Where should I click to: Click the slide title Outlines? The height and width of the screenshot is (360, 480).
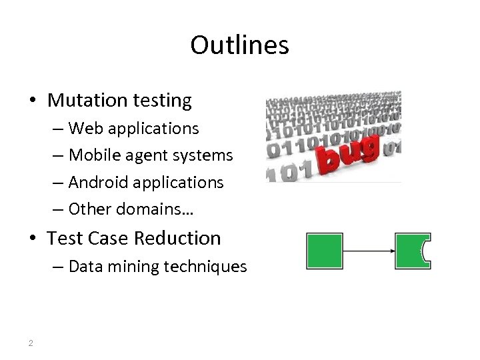tap(239, 45)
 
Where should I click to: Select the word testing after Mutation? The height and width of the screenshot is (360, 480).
tap(161, 101)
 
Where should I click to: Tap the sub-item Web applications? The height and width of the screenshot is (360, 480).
tap(133, 128)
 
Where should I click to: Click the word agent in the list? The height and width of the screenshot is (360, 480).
tap(146, 156)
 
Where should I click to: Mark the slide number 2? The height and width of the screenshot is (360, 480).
tap(31, 343)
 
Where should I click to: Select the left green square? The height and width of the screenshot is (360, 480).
tap(324, 251)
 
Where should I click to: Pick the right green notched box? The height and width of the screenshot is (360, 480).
tap(411, 251)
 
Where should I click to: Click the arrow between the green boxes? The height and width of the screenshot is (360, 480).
tap(369, 251)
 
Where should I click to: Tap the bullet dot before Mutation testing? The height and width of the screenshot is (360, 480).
tap(32, 101)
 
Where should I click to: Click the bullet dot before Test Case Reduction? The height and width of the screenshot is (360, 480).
tap(32, 239)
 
